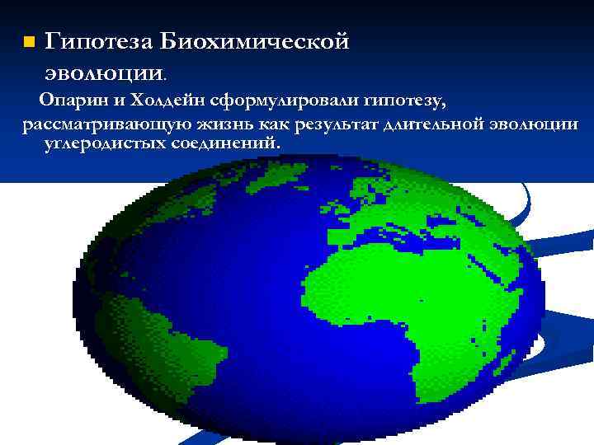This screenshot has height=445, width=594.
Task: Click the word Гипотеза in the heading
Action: coord(97,40)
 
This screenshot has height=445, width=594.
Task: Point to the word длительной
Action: coord(438,124)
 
